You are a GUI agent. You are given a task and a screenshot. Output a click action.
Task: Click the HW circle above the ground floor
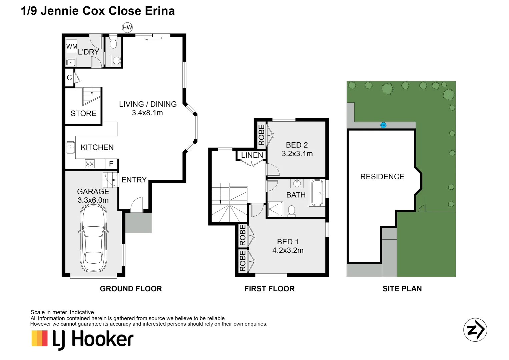click(x=127, y=28)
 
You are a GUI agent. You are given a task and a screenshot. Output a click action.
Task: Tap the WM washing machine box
click(x=72, y=46)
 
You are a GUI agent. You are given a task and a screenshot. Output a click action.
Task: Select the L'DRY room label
click(x=88, y=52)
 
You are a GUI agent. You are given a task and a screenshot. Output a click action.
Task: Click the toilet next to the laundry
click(x=113, y=44)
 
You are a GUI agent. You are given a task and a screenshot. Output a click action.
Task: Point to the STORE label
click(x=83, y=114)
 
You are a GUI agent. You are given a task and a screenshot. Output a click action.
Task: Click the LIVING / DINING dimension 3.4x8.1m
click(x=147, y=113)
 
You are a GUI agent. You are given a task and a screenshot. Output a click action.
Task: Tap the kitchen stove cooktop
click(x=90, y=164)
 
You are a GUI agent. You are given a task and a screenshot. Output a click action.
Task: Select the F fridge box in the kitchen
click(x=111, y=164)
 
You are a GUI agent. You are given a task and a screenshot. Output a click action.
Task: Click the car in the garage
click(x=93, y=238)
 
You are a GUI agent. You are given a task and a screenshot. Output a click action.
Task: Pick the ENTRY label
click(x=134, y=180)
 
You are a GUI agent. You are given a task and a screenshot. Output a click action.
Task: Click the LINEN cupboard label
click(x=252, y=155)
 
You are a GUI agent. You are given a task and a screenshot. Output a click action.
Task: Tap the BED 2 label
click(x=297, y=145)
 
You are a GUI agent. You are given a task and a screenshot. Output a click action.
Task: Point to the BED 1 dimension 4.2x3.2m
click(x=288, y=251)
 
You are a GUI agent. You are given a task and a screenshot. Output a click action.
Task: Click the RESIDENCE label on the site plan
click(x=382, y=177)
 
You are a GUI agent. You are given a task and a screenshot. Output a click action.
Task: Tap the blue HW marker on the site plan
click(x=383, y=125)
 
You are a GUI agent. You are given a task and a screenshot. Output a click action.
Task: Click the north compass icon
click(x=475, y=330)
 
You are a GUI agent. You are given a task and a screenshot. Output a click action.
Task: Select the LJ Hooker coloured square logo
click(x=40, y=338)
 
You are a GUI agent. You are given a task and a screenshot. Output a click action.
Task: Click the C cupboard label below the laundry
click(x=69, y=78)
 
